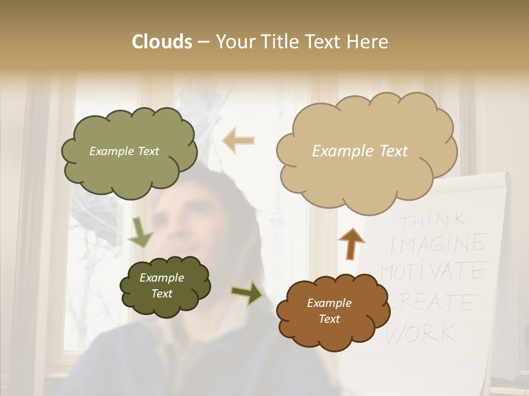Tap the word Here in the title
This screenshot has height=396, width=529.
click(366, 42)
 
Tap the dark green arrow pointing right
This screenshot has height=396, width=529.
click(246, 293)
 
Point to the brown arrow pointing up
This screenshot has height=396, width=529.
click(351, 244)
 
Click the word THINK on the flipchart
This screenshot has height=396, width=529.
click(433, 221)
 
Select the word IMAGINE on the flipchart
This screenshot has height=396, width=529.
click(438, 244)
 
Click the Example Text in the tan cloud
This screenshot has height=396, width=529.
click(360, 151)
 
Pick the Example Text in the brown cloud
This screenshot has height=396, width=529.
click(329, 311)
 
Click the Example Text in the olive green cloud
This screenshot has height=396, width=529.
click(124, 151)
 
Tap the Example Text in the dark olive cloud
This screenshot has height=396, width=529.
click(161, 286)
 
